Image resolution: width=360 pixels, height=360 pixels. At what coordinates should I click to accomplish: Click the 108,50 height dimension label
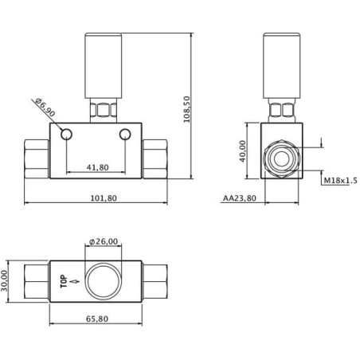pyautogui.click(x=187, y=109)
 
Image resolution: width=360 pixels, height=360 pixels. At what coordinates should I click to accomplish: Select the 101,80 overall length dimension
pyautogui.click(x=104, y=198)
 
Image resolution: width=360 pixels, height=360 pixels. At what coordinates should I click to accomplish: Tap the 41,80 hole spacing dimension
pyautogui.click(x=98, y=167)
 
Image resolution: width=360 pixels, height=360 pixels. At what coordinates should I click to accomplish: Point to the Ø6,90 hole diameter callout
pyautogui.click(x=45, y=108)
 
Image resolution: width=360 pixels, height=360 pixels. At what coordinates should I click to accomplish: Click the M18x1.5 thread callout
pyautogui.click(x=341, y=181)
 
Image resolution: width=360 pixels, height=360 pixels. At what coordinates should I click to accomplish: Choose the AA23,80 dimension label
pyautogui.click(x=240, y=198)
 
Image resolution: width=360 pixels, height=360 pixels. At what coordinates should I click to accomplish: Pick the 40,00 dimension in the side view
pyautogui.click(x=243, y=151)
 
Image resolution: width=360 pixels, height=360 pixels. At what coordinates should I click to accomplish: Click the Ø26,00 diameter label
pyautogui.click(x=104, y=241)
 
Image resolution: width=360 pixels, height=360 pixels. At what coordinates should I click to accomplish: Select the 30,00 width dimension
pyautogui.click(x=4, y=280)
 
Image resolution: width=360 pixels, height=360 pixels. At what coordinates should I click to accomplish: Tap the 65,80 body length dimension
pyautogui.click(x=97, y=319)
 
